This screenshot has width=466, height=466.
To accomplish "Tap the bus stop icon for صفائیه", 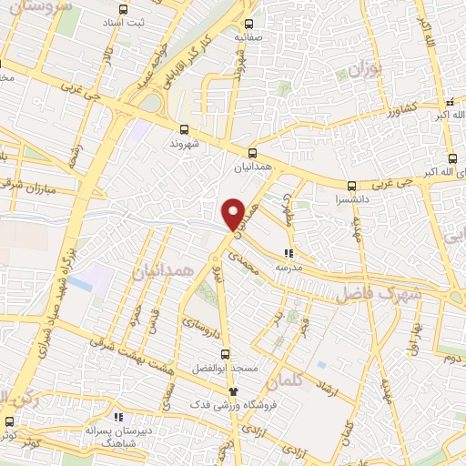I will coord(248,25).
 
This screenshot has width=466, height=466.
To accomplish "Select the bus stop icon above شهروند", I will coord(184,130).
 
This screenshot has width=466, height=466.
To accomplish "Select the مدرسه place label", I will coord(289,268).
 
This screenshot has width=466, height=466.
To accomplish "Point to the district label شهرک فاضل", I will coord(377,295).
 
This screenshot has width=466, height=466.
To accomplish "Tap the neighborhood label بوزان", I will coord(368,69).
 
